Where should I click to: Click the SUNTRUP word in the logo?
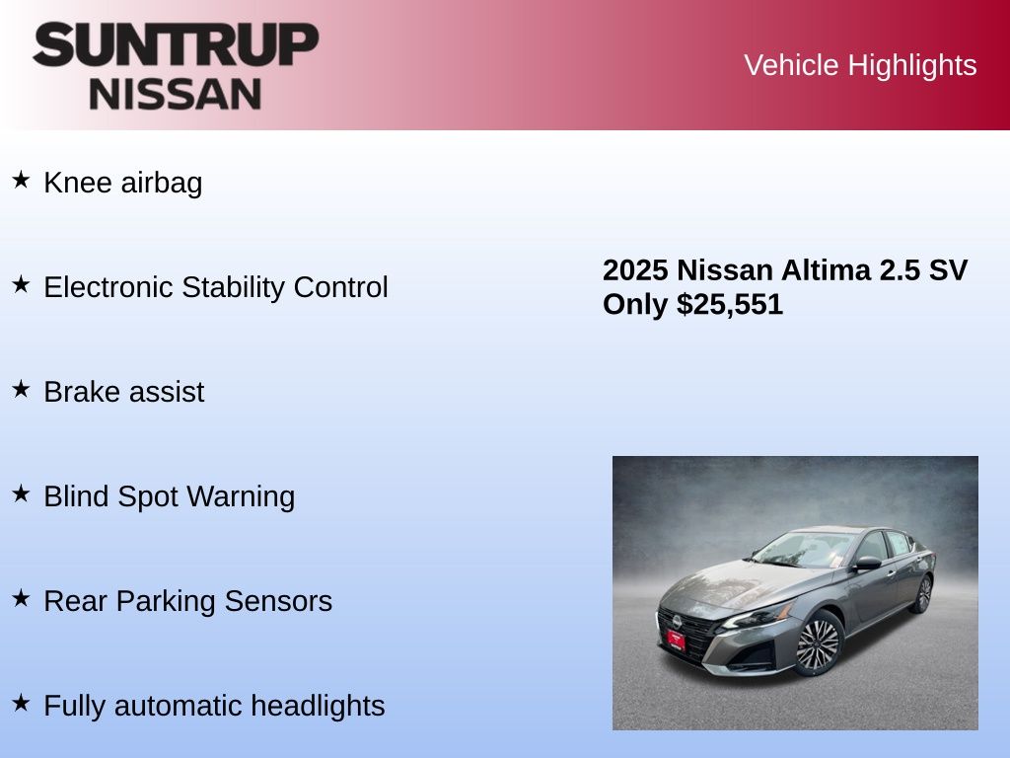coord(176,44)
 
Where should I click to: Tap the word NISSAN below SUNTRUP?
coord(176,94)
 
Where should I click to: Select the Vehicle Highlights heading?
coord(860,66)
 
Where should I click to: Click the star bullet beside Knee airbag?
coord(21,180)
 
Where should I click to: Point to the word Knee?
coord(78,183)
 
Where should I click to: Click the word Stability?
coord(233,288)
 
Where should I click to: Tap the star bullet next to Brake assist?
coord(21,389)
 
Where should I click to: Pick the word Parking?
coord(166,602)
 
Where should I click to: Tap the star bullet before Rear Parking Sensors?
coord(21,598)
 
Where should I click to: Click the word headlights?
coord(318,707)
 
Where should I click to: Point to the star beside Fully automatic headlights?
coord(21,703)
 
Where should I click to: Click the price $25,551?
coord(730,305)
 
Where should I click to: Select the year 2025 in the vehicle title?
coord(635,270)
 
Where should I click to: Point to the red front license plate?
coord(676,640)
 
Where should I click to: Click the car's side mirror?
coord(867,563)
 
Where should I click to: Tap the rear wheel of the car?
coord(923,593)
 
